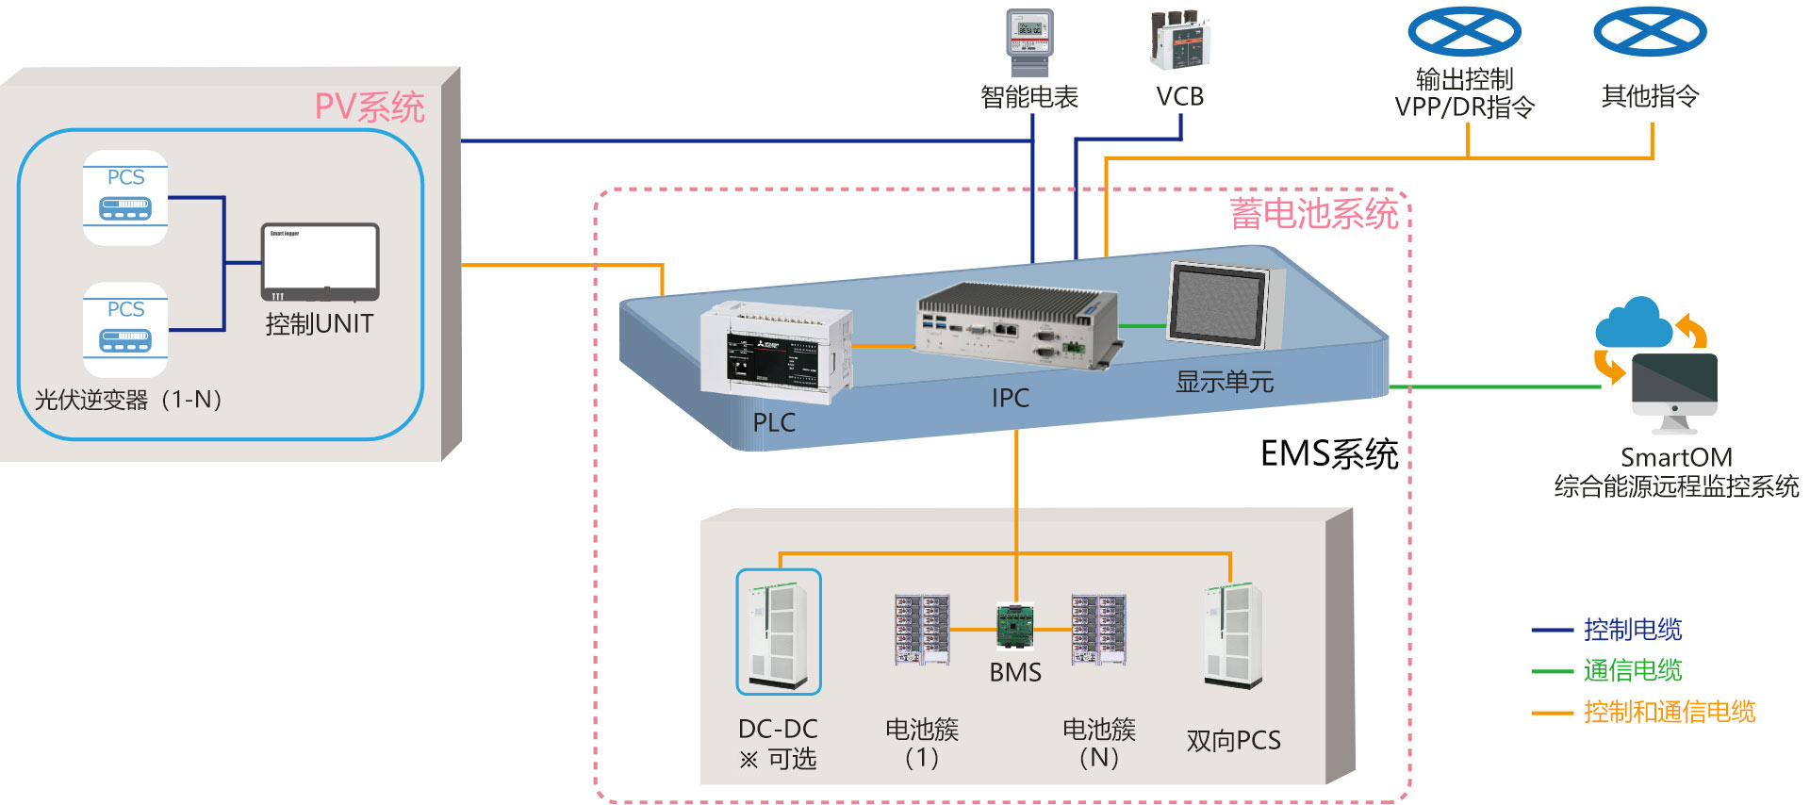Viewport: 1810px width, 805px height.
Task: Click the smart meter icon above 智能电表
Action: (x=1029, y=41)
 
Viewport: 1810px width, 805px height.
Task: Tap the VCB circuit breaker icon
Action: (x=1179, y=41)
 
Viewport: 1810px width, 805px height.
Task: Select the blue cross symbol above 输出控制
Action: (x=1464, y=32)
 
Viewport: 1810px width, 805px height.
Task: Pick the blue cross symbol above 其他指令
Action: (x=1650, y=32)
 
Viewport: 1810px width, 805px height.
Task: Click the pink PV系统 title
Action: (x=370, y=107)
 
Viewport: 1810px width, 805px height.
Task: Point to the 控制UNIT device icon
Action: (x=320, y=262)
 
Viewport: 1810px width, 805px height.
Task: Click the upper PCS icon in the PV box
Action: (x=125, y=198)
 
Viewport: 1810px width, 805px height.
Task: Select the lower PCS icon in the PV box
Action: (x=125, y=330)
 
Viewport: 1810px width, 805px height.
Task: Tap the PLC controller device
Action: (x=776, y=353)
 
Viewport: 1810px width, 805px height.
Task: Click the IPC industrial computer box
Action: (x=1016, y=324)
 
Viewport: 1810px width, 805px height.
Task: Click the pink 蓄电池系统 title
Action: (x=1313, y=214)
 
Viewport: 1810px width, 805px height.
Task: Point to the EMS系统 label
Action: (x=1329, y=454)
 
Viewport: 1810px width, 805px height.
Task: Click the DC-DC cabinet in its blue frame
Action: (x=779, y=632)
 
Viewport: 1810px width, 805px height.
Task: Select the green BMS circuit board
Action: (x=1015, y=627)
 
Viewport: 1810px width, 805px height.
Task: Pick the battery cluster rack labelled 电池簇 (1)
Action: (x=922, y=629)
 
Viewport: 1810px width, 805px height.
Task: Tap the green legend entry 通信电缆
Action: (x=1633, y=670)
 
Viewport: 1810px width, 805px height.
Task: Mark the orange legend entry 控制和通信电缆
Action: (x=1669, y=712)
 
